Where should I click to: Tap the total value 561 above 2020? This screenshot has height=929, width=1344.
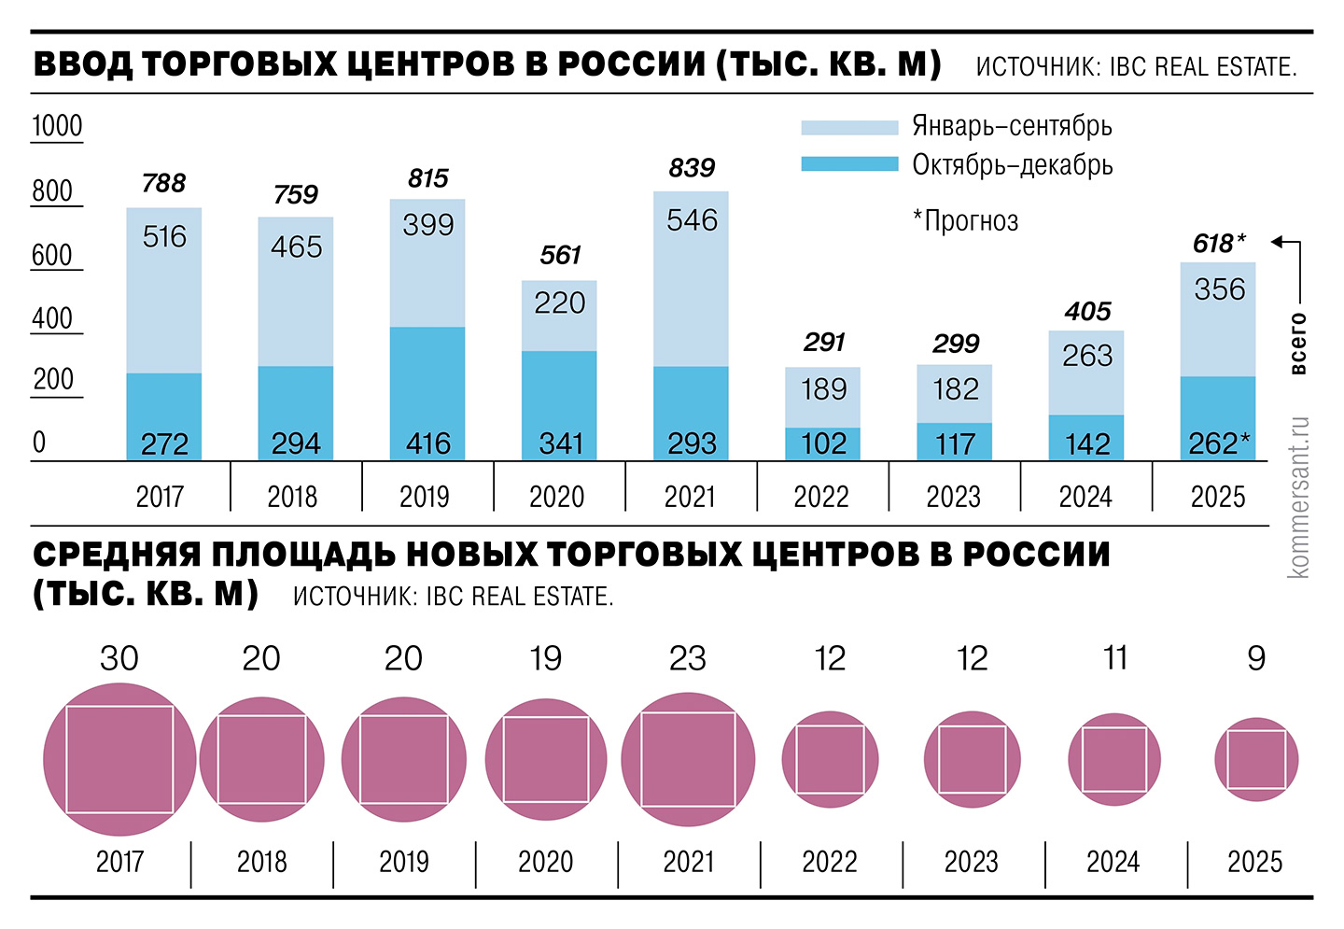560,255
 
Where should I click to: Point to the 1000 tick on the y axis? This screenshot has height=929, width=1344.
57,126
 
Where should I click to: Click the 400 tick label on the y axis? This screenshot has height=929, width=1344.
52,318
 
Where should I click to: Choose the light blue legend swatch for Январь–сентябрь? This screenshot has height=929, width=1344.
848,127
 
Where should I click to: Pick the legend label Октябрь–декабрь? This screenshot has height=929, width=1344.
1012,165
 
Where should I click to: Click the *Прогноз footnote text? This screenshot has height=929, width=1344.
965,221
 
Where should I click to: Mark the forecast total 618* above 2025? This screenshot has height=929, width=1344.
1218,244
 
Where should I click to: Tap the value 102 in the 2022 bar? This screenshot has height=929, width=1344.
823,443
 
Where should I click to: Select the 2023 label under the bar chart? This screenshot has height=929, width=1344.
954,497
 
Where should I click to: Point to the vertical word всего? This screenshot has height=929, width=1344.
1297,344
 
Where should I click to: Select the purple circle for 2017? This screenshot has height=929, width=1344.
119,759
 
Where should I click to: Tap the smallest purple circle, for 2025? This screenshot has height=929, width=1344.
1256,759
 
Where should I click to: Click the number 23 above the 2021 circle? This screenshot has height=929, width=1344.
688,659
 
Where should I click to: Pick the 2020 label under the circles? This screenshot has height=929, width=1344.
546,861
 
